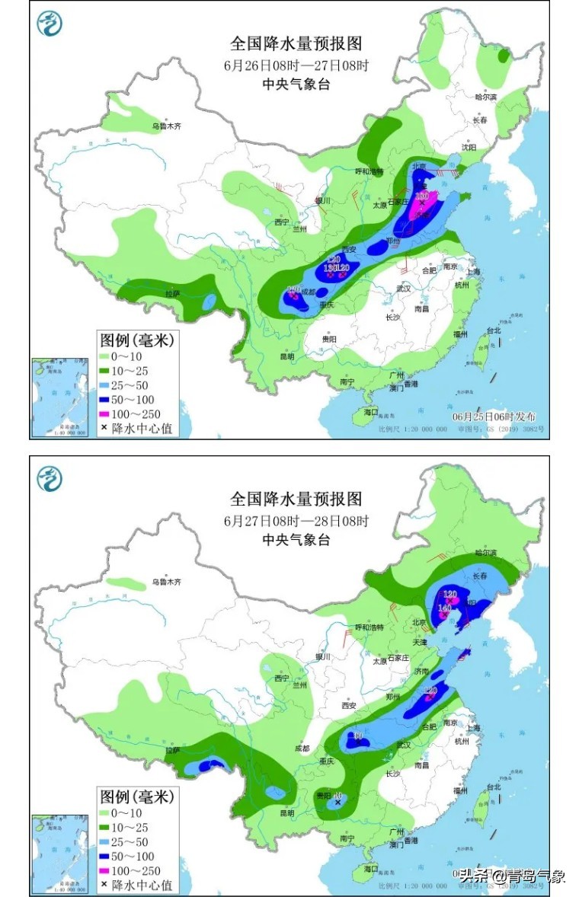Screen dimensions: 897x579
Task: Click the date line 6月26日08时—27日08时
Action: click(x=296, y=65)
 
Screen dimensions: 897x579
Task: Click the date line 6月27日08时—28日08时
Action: click(x=296, y=521)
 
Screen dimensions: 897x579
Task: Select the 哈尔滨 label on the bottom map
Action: click(x=485, y=552)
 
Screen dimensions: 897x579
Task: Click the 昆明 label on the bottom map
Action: click(x=286, y=812)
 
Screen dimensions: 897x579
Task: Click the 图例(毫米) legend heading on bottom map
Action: click(x=137, y=796)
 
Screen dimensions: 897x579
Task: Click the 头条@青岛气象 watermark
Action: click(x=511, y=876)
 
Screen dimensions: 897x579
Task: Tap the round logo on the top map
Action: click(x=50, y=24)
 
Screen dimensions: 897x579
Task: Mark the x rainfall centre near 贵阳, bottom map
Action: click(x=337, y=802)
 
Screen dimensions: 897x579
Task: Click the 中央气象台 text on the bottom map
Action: click(x=296, y=539)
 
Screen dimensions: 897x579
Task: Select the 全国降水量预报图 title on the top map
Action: click(x=296, y=43)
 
